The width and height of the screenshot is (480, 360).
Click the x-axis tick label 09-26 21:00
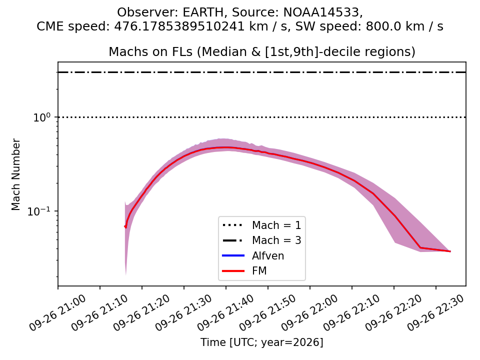[58, 312]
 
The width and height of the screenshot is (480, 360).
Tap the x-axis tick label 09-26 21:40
[226, 312]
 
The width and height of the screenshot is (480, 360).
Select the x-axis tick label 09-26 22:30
[436, 312]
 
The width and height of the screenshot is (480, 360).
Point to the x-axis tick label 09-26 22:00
[310, 312]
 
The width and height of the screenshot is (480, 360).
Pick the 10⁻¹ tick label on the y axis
[40, 211]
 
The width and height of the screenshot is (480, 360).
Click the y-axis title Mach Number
[15, 174]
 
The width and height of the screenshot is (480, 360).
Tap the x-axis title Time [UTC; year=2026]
[261, 342]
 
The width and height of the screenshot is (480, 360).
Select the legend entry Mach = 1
[261, 225]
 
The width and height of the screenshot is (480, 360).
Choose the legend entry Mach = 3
[261, 240]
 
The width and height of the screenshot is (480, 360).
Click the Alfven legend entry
[253, 255]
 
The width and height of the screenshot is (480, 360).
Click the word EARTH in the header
[203, 12]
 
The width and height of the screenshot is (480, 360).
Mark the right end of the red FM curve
[450, 251]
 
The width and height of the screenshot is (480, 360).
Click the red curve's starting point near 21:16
[125, 226]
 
